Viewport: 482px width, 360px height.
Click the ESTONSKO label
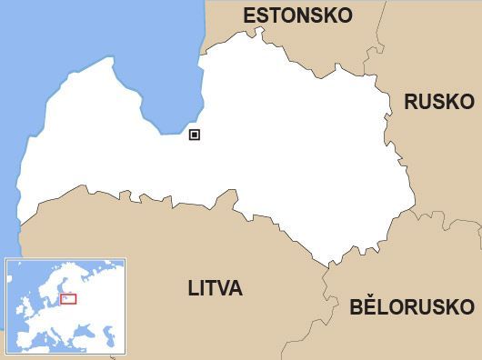[x=297, y=15]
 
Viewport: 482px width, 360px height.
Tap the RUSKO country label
[x=439, y=101]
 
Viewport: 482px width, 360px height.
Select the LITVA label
[x=215, y=290]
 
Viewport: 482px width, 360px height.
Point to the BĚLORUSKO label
[x=412, y=306]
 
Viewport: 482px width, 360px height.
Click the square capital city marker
[x=194, y=135]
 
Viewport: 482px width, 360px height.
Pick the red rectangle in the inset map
[x=68, y=298]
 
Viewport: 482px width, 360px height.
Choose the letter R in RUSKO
[x=411, y=101]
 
